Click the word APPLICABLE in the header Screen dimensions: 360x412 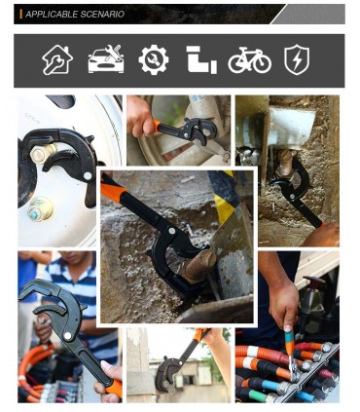pos(52,15)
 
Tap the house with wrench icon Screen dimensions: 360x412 pos(57,60)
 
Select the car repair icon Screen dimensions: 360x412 pos(106,58)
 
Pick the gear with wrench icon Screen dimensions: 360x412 pos(154,59)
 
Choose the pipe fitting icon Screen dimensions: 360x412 pos(201,59)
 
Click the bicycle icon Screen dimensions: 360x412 pos(249,60)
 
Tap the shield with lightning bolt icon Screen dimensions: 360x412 pos(297,59)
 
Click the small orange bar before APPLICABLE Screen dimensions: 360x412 pos(21,15)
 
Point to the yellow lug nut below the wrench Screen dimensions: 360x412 pos(40,208)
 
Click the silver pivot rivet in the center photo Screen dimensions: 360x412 pos(171,231)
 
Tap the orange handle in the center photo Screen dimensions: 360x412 pos(114,190)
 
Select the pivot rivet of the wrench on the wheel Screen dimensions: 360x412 pos(88,176)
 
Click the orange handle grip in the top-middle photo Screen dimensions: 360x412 pos(157,126)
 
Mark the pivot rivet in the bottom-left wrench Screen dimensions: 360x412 pos(68,336)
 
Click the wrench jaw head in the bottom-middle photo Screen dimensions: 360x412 pos(166,374)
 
